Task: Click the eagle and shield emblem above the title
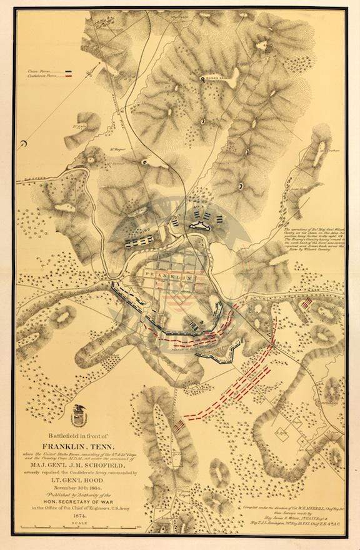79,411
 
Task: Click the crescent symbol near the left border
22,145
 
